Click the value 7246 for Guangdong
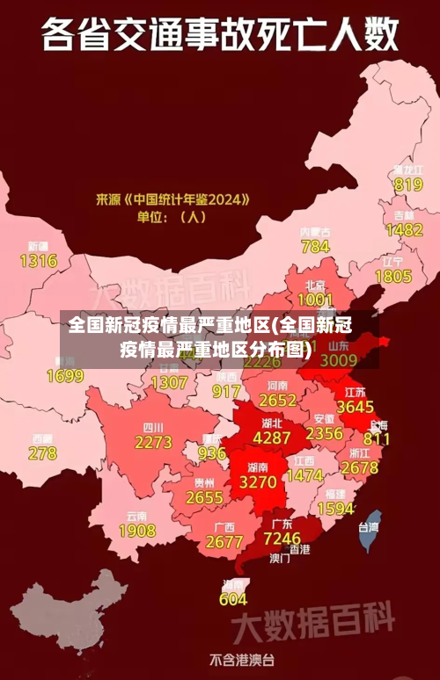point(282,538)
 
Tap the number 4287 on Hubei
point(271,437)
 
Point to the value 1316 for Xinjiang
point(38,260)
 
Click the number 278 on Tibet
point(42,453)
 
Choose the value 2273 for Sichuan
point(153,442)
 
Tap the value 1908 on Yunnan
point(136,531)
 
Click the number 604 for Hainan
point(233,599)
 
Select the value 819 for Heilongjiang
point(408,184)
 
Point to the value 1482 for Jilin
point(404,229)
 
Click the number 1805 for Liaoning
point(392,276)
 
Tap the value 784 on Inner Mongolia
point(315,246)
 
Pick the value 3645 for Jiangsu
point(356,407)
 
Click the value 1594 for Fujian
point(335,509)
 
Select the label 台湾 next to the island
point(368,528)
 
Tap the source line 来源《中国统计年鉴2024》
point(172,199)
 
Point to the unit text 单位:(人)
point(171,216)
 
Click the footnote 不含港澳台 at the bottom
point(242,658)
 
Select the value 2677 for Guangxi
point(224,542)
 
